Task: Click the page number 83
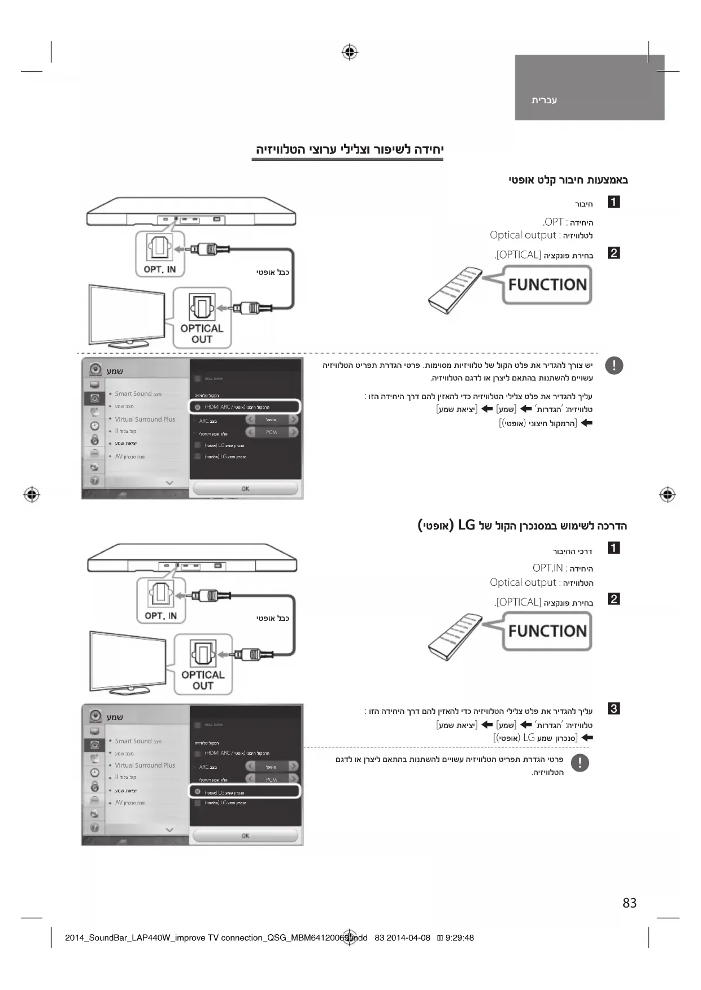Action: [x=629, y=903]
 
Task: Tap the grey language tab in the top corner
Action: [x=589, y=87]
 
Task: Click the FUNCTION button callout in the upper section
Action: [x=547, y=285]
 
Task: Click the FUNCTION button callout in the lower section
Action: [x=547, y=631]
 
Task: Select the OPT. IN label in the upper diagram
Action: [x=160, y=269]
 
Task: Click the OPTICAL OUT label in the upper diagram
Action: [x=202, y=334]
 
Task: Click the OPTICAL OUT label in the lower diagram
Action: [x=203, y=680]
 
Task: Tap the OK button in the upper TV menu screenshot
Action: [x=245, y=489]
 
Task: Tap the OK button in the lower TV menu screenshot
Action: [x=245, y=835]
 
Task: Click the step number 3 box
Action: [x=613, y=708]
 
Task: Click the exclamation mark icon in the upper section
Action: [x=613, y=366]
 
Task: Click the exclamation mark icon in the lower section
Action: [x=580, y=763]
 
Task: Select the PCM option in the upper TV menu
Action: [x=272, y=432]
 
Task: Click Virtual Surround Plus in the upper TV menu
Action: [x=145, y=419]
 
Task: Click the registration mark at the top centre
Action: [x=350, y=52]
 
